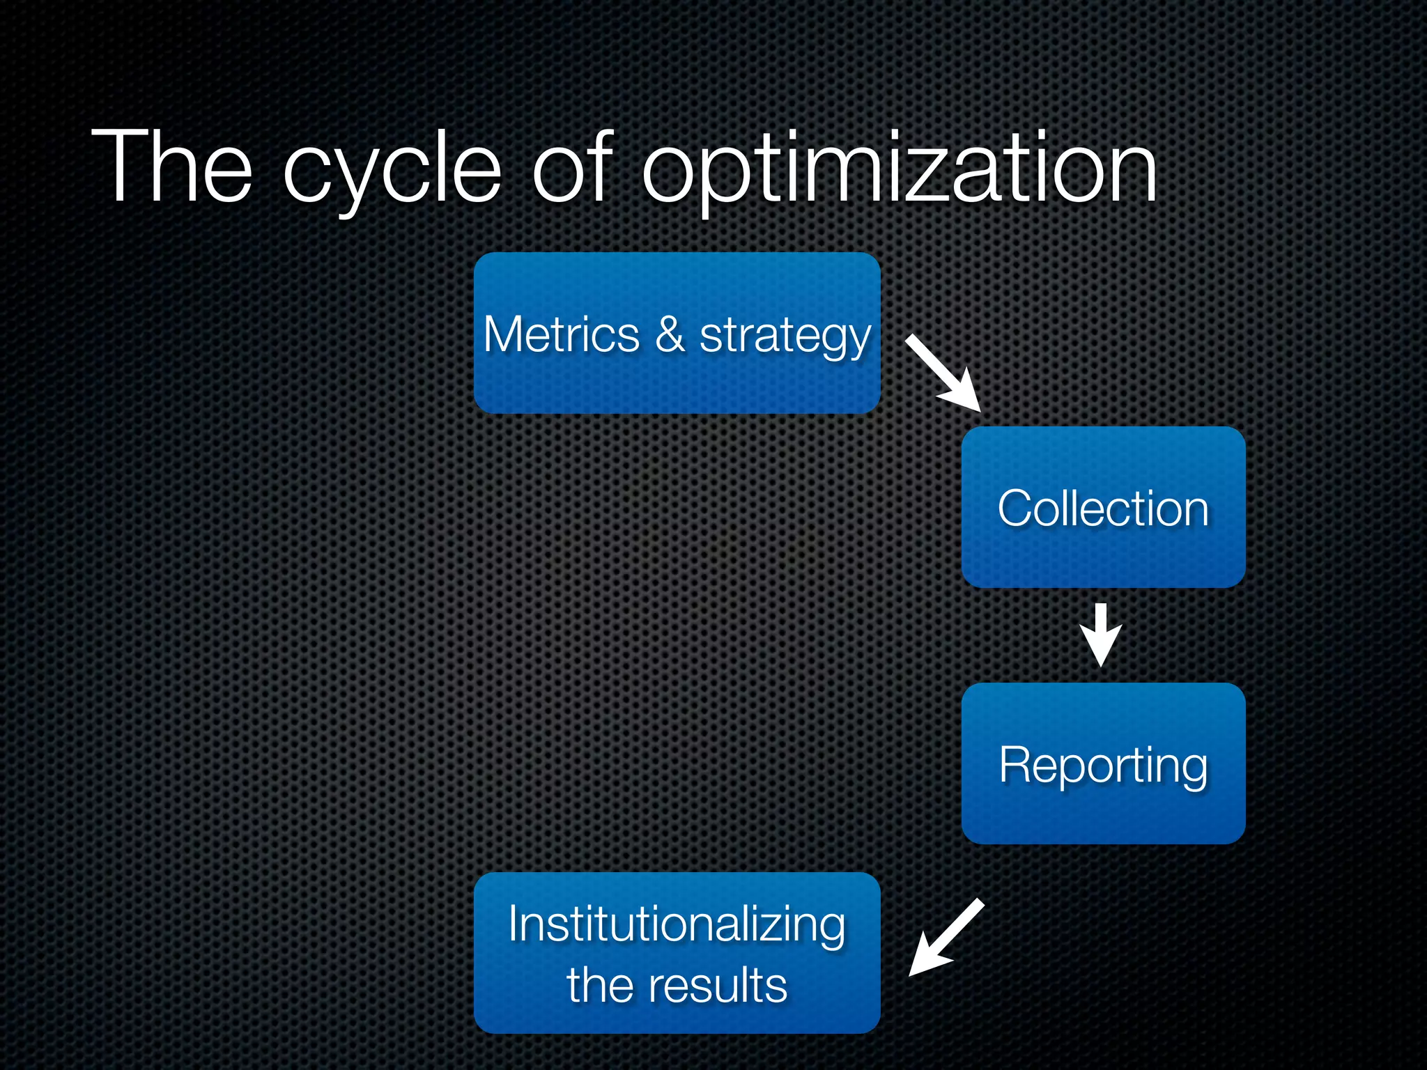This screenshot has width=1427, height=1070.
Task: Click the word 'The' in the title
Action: [x=171, y=167]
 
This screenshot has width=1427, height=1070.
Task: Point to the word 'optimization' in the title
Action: [x=899, y=171]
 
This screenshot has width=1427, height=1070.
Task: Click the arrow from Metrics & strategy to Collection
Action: [x=943, y=373]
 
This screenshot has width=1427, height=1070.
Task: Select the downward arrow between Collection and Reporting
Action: [x=1101, y=635]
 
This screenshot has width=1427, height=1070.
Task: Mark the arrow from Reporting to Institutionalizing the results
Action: [x=946, y=938]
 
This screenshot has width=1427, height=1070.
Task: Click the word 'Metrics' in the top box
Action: [x=561, y=334]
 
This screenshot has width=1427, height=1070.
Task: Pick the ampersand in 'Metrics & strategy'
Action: [x=670, y=334]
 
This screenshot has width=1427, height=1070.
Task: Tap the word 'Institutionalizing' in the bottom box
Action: [x=677, y=924]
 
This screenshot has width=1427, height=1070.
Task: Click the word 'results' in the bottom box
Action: [x=718, y=985]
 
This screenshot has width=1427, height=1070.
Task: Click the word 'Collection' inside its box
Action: [x=1103, y=508]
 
